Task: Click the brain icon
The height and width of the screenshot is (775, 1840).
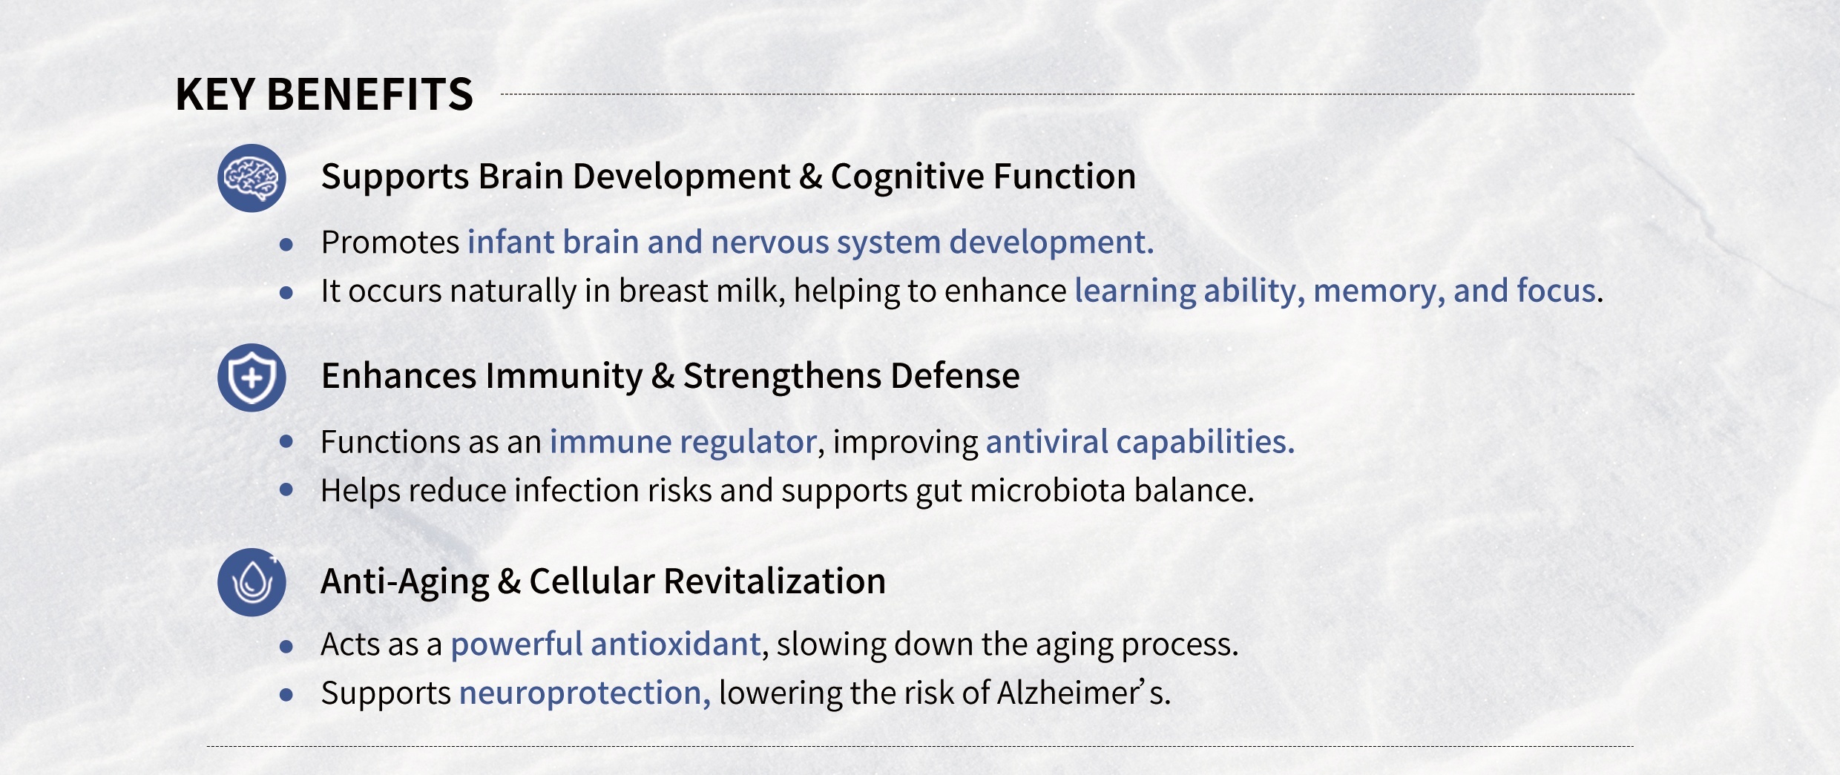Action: (x=252, y=178)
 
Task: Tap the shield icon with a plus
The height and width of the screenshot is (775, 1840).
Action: (x=252, y=377)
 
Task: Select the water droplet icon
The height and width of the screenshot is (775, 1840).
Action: (x=252, y=582)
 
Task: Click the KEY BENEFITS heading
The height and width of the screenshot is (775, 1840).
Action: (x=324, y=94)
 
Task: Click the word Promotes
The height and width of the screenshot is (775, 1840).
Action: (x=390, y=243)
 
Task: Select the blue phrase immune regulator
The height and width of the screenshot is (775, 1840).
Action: (x=683, y=443)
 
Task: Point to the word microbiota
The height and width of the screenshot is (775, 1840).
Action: (x=1048, y=490)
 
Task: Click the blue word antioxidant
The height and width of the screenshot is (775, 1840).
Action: (x=676, y=644)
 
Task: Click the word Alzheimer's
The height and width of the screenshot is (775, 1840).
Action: (x=1083, y=693)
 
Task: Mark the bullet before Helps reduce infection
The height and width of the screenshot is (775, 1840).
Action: (x=286, y=489)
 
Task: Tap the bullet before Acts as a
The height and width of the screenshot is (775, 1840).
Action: (x=286, y=647)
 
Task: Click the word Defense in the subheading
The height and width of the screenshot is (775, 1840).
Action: (x=955, y=376)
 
